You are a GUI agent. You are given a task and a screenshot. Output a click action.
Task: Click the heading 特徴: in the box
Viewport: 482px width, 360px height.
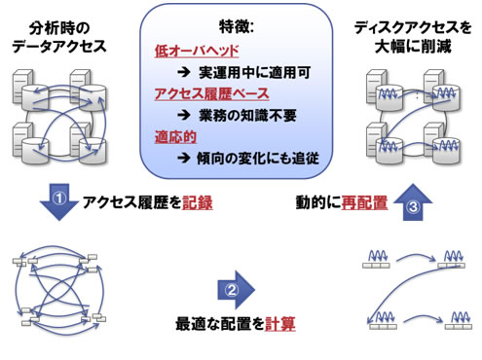237,27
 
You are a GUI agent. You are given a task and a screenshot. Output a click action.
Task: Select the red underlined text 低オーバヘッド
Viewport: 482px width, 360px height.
197,52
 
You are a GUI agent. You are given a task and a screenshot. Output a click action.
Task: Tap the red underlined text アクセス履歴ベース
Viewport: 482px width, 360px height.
212,94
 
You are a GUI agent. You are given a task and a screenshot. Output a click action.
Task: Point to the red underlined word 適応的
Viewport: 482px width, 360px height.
175,136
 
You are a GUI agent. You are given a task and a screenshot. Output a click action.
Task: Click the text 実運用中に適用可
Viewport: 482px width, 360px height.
254,73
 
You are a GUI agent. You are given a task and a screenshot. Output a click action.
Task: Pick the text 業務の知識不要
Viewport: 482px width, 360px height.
247,116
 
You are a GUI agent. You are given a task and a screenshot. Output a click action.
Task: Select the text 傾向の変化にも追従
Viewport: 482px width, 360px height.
258,159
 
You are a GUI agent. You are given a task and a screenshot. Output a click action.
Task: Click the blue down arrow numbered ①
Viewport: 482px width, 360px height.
59,201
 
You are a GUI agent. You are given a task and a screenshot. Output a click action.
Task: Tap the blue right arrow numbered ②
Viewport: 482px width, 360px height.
236,290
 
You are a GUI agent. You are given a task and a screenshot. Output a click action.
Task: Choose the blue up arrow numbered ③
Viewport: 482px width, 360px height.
413,202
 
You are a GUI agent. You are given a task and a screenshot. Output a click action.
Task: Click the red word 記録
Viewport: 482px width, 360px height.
198,202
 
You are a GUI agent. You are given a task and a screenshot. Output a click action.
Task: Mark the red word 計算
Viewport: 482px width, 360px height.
280,324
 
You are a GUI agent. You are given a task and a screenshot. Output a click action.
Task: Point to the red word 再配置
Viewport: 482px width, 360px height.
364,202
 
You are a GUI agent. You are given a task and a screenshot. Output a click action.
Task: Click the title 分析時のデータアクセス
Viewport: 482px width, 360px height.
59,37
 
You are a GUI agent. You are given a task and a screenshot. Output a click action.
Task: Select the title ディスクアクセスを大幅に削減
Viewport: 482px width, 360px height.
413,37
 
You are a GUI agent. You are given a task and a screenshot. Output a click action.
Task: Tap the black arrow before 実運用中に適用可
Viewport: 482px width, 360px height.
184,73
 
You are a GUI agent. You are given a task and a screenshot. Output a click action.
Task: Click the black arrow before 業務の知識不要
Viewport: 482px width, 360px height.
184,115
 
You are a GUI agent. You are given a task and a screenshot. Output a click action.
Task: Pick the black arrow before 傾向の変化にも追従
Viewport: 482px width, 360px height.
184,158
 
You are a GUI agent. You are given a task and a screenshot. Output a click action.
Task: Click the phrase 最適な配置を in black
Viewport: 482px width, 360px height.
220,324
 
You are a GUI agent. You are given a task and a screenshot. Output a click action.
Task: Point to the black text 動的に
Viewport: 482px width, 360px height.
318,202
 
